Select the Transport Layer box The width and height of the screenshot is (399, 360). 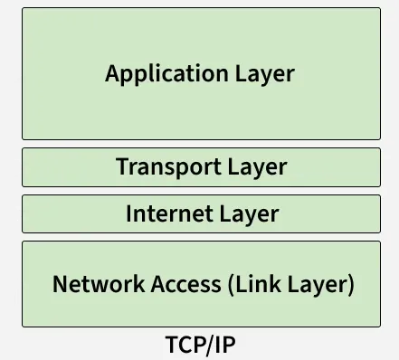click(201, 167)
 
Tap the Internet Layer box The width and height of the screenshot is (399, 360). click(201, 214)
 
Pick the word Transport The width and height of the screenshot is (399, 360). click(168, 167)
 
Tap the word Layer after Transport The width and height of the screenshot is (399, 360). click(257, 167)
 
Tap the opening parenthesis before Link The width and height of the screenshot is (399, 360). click(230, 284)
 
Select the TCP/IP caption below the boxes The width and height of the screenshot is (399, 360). click(201, 346)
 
